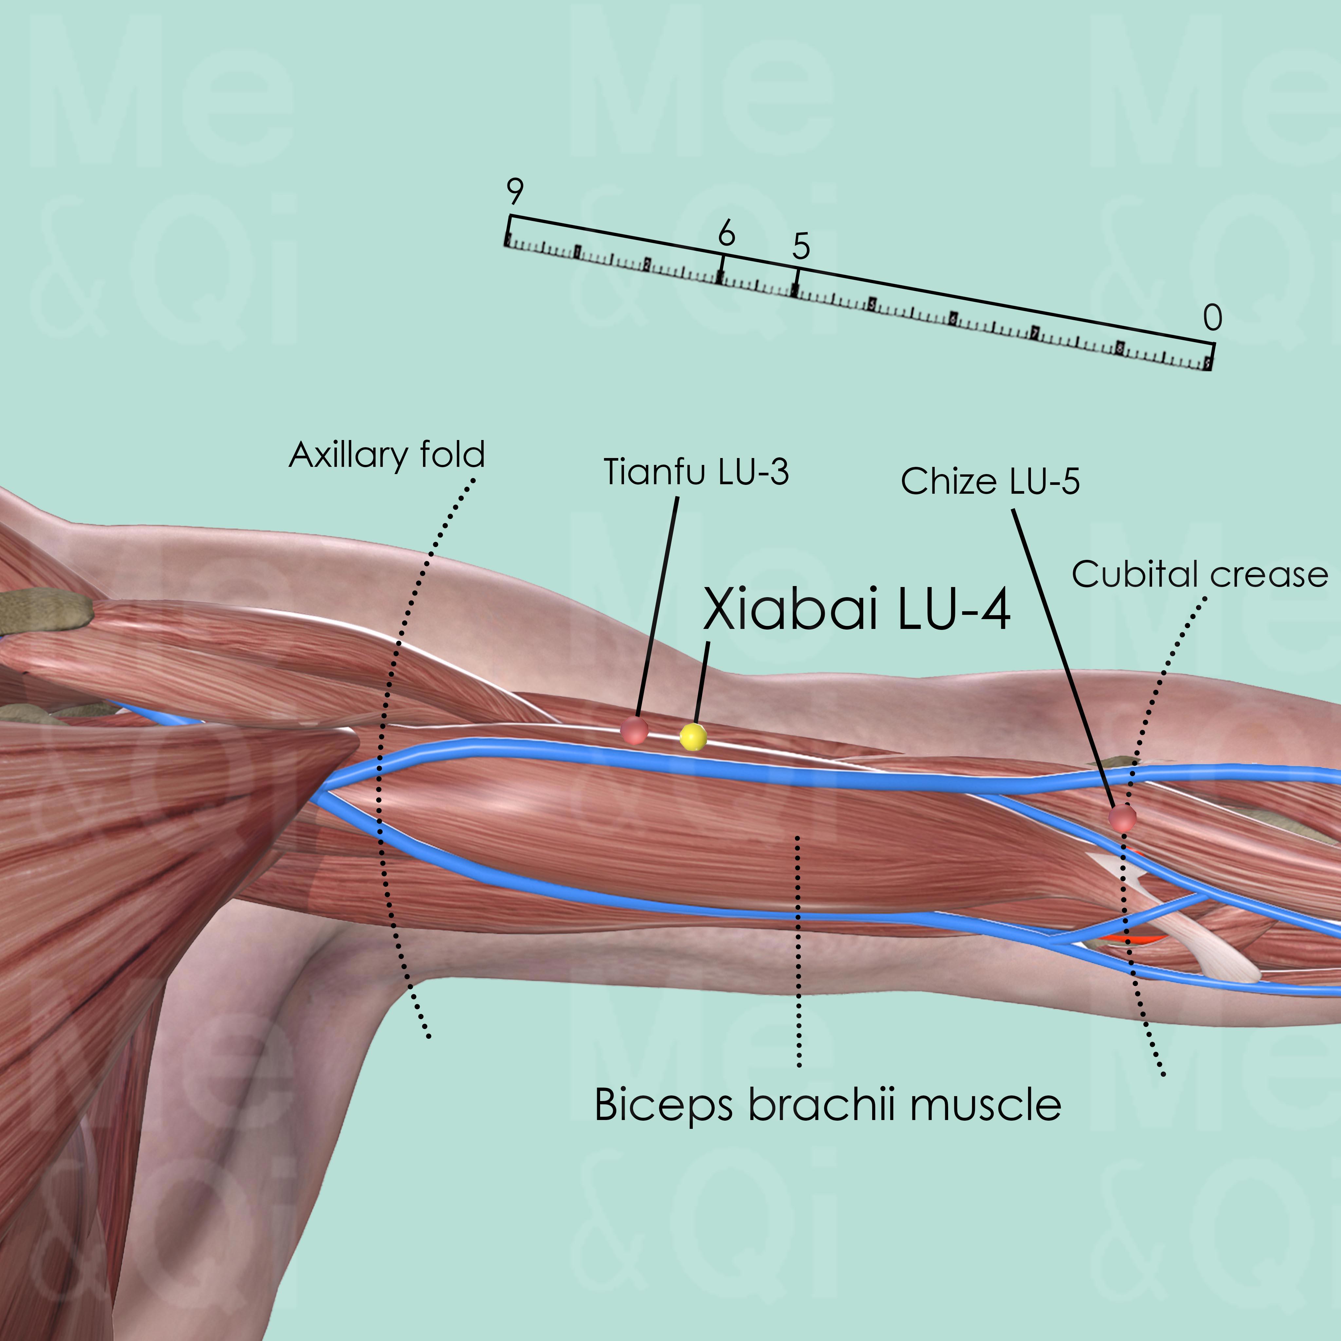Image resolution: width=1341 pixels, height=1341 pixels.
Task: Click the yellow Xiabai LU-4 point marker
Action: (x=693, y=736)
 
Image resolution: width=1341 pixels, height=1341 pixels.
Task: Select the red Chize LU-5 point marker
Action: (x=1122, y=818)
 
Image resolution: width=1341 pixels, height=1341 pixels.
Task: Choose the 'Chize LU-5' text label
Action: (x=990, y=481)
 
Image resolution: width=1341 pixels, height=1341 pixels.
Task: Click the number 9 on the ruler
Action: (x=514, y=192)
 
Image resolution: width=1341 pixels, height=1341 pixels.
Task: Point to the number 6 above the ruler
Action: (x=726, y=234)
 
